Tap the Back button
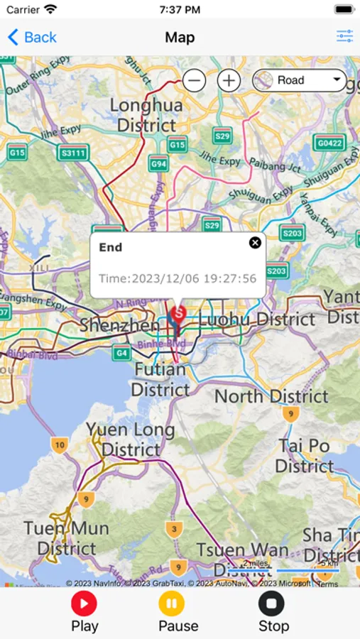32,38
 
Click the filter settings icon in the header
345,37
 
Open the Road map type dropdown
299,80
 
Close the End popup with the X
255,243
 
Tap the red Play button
84,604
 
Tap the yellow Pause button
171,604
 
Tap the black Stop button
271,604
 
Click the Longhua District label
146,116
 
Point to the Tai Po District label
305,456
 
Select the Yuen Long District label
131,439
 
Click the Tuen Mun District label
66,538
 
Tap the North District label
271,396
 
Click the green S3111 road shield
74,153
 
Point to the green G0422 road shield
330,143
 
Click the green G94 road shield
158,165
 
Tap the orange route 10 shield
60,445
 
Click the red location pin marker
178,314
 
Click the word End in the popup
111,247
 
